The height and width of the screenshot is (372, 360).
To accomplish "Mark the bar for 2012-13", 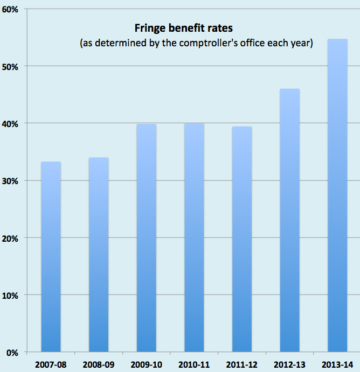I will click(x=289, y=220).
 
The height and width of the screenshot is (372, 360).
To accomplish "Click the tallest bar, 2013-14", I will click(x=337, y=196).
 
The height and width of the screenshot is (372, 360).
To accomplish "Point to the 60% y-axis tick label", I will click(x=11, y=10).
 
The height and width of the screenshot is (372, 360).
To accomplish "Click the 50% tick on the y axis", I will click(x=11, y=67).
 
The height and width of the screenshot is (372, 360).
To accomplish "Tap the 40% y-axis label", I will click(x=11, y=124).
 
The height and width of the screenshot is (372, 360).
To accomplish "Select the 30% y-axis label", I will click(x=11, y=181).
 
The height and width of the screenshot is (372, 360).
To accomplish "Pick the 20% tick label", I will click(x=11, y=238).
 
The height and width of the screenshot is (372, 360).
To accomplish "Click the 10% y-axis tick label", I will click(x=11, y=296).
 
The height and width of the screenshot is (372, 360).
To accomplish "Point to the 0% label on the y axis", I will click(x=13, y=353).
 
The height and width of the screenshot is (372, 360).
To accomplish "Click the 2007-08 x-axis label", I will click(x=51, y=364).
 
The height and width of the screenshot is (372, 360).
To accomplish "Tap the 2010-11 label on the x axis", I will click(x=194, y=364).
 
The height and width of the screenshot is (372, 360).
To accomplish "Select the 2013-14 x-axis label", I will click(x=337, y=364).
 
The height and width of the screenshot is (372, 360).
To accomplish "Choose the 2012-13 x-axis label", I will click(x=289, y=364).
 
